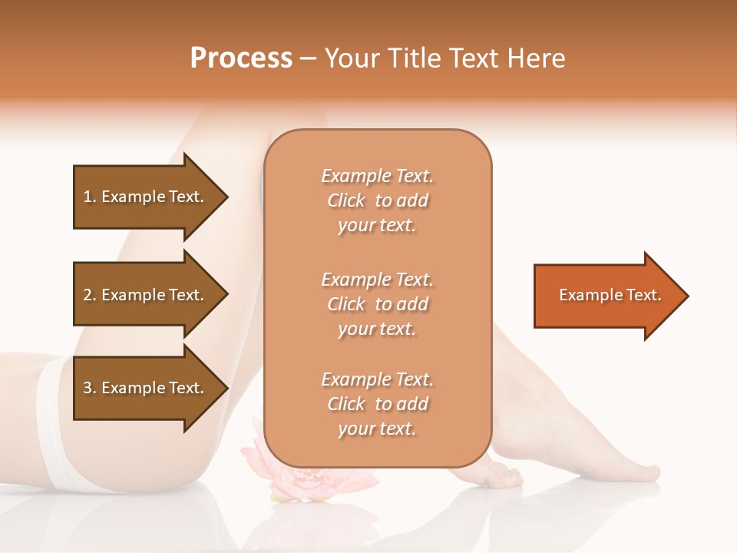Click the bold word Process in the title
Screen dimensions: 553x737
241,58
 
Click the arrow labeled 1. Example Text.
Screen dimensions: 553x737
146,197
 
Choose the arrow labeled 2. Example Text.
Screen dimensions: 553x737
146,295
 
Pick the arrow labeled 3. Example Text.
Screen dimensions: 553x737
146,388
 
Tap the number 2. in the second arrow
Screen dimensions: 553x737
90,295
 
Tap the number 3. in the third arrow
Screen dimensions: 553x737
90,388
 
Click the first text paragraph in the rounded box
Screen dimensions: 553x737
377,200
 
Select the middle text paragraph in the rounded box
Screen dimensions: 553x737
377,304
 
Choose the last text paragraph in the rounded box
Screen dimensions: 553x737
377,404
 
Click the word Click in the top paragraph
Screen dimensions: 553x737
346,200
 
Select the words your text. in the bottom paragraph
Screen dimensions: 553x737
377,429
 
